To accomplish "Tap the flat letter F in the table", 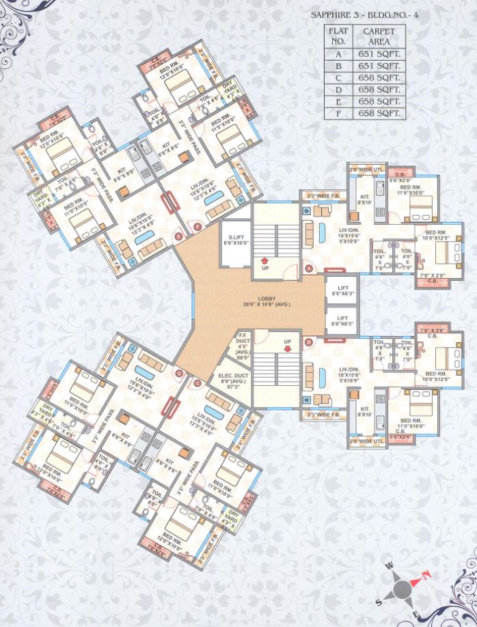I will [x=338, y=113].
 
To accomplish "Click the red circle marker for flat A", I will [x=309, y=270].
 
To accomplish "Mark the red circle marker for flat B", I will [x=309, y=342].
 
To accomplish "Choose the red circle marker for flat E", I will [x=180, y=236].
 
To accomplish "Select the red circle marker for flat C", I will [x=196, y=384].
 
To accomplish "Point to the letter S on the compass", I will [x=379, y=602].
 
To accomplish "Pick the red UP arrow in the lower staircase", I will [x=288, y=347].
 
